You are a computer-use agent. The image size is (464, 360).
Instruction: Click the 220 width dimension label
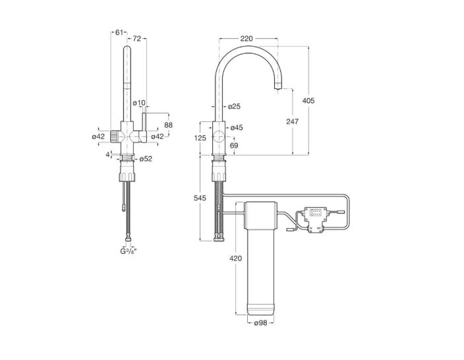tap(246, 38)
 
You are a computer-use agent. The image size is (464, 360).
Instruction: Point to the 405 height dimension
tap(308, 101)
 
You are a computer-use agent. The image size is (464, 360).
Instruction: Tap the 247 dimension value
tap(293, 121)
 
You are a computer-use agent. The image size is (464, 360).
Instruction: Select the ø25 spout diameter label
tap(235, 106)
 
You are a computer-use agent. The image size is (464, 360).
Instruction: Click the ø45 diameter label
tap(237, 128)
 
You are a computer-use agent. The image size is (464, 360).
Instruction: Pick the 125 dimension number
tap(200, 138)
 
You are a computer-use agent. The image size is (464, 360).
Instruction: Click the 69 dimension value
tap(234, 146)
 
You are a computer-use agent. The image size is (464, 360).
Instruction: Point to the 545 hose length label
tap(200, 198)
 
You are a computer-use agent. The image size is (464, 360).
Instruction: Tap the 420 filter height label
tap(235, 258)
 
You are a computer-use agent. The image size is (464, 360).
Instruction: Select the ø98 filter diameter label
tap(261, 323)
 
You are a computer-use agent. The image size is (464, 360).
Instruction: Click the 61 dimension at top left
tap(119, 32)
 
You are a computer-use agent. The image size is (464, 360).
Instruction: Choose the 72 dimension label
tap(136, 38)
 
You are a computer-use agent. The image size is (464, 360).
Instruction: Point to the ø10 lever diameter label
tap(139, 103)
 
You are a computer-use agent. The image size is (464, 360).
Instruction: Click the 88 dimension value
tap(168, 125)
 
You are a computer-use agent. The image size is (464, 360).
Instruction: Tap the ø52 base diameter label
tap(146, 159)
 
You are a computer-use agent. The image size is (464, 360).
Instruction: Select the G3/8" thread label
tap(128, 251)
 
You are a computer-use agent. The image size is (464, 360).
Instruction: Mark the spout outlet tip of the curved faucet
tap(278, 88)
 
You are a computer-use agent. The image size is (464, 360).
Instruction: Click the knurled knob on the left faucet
tap(113, 136)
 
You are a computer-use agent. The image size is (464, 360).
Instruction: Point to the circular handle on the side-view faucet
tap(219, 136)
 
